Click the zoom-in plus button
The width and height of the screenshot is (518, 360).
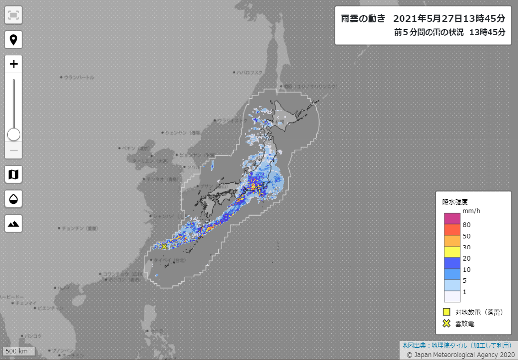(x=14, y=64)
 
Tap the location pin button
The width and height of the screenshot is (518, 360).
(x=14, y=40)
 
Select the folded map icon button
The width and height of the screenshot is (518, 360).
(x=14, y=174)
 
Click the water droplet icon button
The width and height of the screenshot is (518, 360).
(x=14, y=199)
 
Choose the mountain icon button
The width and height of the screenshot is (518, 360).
(x=14, y=223)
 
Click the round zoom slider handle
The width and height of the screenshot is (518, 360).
(x=14, y=135)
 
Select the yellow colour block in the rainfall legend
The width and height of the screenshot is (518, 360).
(x=452, y=252)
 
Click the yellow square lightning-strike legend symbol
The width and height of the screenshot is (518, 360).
(x=446, y=312)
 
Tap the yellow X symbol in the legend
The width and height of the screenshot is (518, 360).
(x=446, y=323)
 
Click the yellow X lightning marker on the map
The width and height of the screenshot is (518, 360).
(x=164, y=246)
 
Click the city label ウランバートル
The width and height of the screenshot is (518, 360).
(x=79, y=77)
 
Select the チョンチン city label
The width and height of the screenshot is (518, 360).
(x=79, y=228)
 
